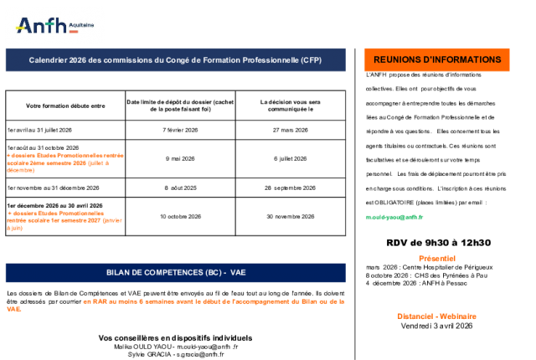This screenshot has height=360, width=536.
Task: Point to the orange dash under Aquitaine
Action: pos(73,32)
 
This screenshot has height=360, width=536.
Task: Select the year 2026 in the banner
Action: pos(79,60)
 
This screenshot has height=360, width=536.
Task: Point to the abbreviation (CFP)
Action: pos(311,60)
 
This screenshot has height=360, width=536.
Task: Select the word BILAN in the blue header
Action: pos(119,273)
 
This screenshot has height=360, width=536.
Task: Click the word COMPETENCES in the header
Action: pos(169,273)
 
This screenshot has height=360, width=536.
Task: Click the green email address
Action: pos(394,217)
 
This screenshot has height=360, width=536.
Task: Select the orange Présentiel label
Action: pos(436,259)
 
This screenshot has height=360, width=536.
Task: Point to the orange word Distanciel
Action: pos(415,316)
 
